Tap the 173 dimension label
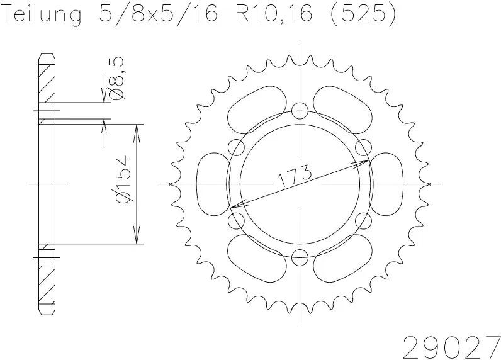tap(295, 175)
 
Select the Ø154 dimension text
tap(123, 179)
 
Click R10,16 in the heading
tap(274, 14)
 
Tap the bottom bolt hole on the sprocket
tap(300, 257)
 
